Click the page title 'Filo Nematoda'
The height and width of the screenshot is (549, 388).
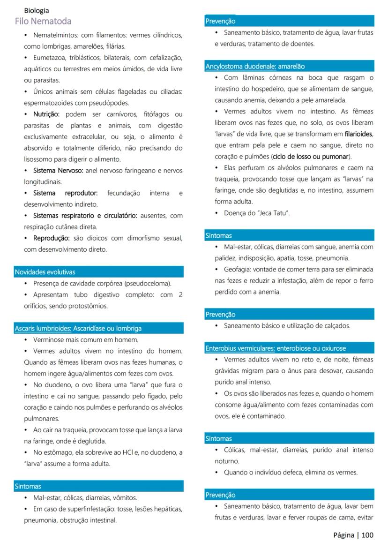43,21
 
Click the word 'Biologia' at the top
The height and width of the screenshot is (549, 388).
37,10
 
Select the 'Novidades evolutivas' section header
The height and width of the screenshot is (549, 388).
45,272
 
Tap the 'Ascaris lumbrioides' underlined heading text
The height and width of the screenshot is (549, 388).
43,328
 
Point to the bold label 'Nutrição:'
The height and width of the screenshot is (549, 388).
46,114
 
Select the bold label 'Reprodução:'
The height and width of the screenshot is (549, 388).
51,238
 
